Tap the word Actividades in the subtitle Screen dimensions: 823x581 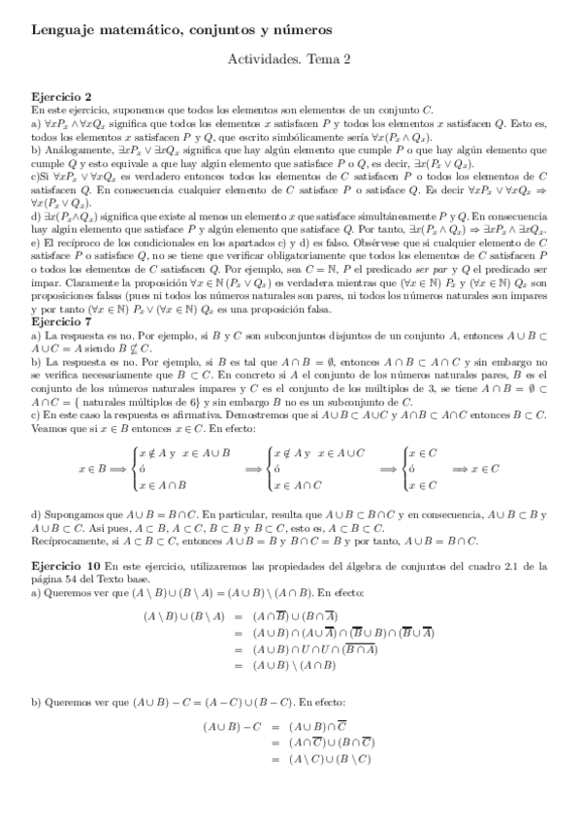(x=264, y=59)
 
